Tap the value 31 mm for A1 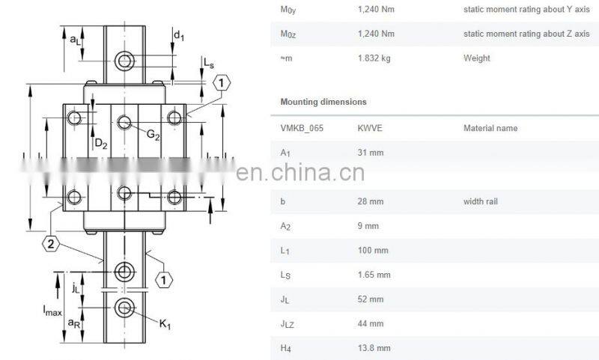[371, 153]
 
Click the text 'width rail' [481, 201]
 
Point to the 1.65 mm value [374, 275]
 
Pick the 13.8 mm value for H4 [374, 348]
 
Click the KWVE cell [370, 128]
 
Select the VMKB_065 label [302, 128]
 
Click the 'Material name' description [490, 128]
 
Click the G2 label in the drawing [153, 135]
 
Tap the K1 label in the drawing [165, 325]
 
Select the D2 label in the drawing [101, 144]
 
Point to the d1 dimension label [178, 36]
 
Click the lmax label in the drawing [52, 310]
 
